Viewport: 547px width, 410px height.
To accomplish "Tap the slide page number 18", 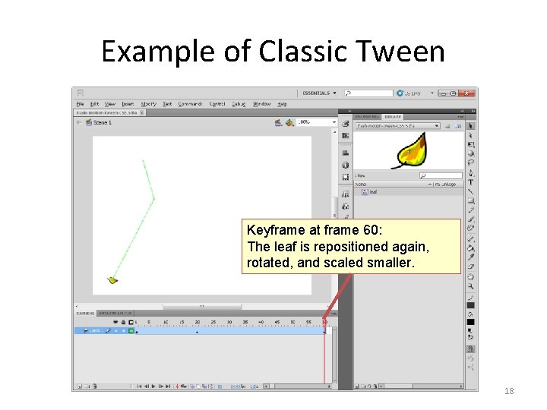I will click(510, 391).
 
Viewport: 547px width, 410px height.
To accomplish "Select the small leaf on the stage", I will click(113, 280).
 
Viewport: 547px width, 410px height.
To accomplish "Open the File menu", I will click(80, 104).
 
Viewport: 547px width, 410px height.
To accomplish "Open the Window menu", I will click(261, 104).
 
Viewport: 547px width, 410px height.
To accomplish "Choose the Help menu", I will click(282, 104).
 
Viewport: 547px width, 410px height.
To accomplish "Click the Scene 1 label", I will click(101, 122).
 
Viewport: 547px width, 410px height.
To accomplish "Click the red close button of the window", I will click(471, 93).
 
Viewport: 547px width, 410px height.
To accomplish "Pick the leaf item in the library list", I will click(373, 192).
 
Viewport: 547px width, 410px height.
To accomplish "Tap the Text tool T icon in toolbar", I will click(471, 182).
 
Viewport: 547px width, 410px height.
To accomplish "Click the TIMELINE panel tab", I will click(84, 313).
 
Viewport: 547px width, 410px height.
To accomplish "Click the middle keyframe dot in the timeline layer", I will click(197, 331).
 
